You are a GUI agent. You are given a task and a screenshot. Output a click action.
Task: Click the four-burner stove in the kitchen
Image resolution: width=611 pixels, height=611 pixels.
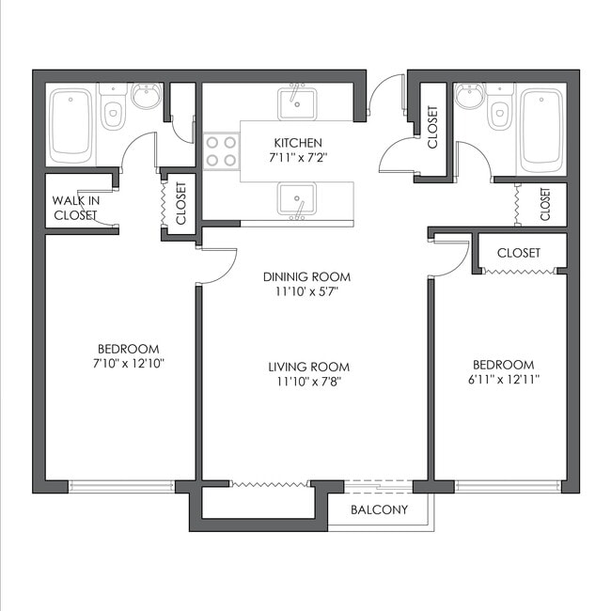[x=221, y=151]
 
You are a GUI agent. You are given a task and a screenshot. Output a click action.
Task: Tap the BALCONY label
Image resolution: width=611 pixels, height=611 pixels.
[x=379, y=510]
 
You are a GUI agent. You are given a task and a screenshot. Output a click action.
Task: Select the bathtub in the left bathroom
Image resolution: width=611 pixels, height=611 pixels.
[x=70, y=123]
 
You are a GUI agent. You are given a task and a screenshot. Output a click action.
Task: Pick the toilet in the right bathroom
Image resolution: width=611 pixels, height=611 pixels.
[x=499, y=110]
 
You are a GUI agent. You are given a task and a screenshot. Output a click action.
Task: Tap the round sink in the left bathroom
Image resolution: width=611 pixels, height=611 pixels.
[x=146, y=96]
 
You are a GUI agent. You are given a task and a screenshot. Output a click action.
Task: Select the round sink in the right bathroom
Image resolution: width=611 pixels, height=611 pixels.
[x=470, y=96]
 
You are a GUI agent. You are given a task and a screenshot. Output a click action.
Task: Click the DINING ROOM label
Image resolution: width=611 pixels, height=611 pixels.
[x=306, y=276]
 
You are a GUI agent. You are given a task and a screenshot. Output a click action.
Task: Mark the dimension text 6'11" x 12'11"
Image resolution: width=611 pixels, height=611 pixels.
[x=503, y=380]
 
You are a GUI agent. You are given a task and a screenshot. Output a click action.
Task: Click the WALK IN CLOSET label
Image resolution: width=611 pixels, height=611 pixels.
[x=75, y=208]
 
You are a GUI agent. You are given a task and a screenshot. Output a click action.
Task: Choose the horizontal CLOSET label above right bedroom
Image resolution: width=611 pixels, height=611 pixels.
[x=518, y=253]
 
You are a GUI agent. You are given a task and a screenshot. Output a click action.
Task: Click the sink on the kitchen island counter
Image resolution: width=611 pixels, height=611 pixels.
[x=297, y=199]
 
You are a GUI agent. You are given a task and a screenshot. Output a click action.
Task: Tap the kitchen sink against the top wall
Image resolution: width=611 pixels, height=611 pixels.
[x=297, y=101]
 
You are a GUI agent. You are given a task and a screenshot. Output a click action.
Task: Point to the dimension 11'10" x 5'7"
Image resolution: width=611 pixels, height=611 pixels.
[x=306, y=291]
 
